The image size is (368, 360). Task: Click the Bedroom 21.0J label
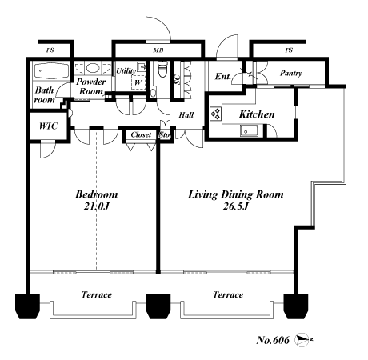(97, 201)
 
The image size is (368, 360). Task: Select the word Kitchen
(257, 114)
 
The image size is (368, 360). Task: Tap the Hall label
(186, 115)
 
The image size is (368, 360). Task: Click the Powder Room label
(93, 87)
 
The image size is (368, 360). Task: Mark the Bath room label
(45, 95)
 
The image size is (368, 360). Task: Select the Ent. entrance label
(224, 77)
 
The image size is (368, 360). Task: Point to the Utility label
(126, 71)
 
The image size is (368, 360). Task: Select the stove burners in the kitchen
(215, 114)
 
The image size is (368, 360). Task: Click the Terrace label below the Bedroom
(96, 295)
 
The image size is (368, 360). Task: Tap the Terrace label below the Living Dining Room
(227, 295)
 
